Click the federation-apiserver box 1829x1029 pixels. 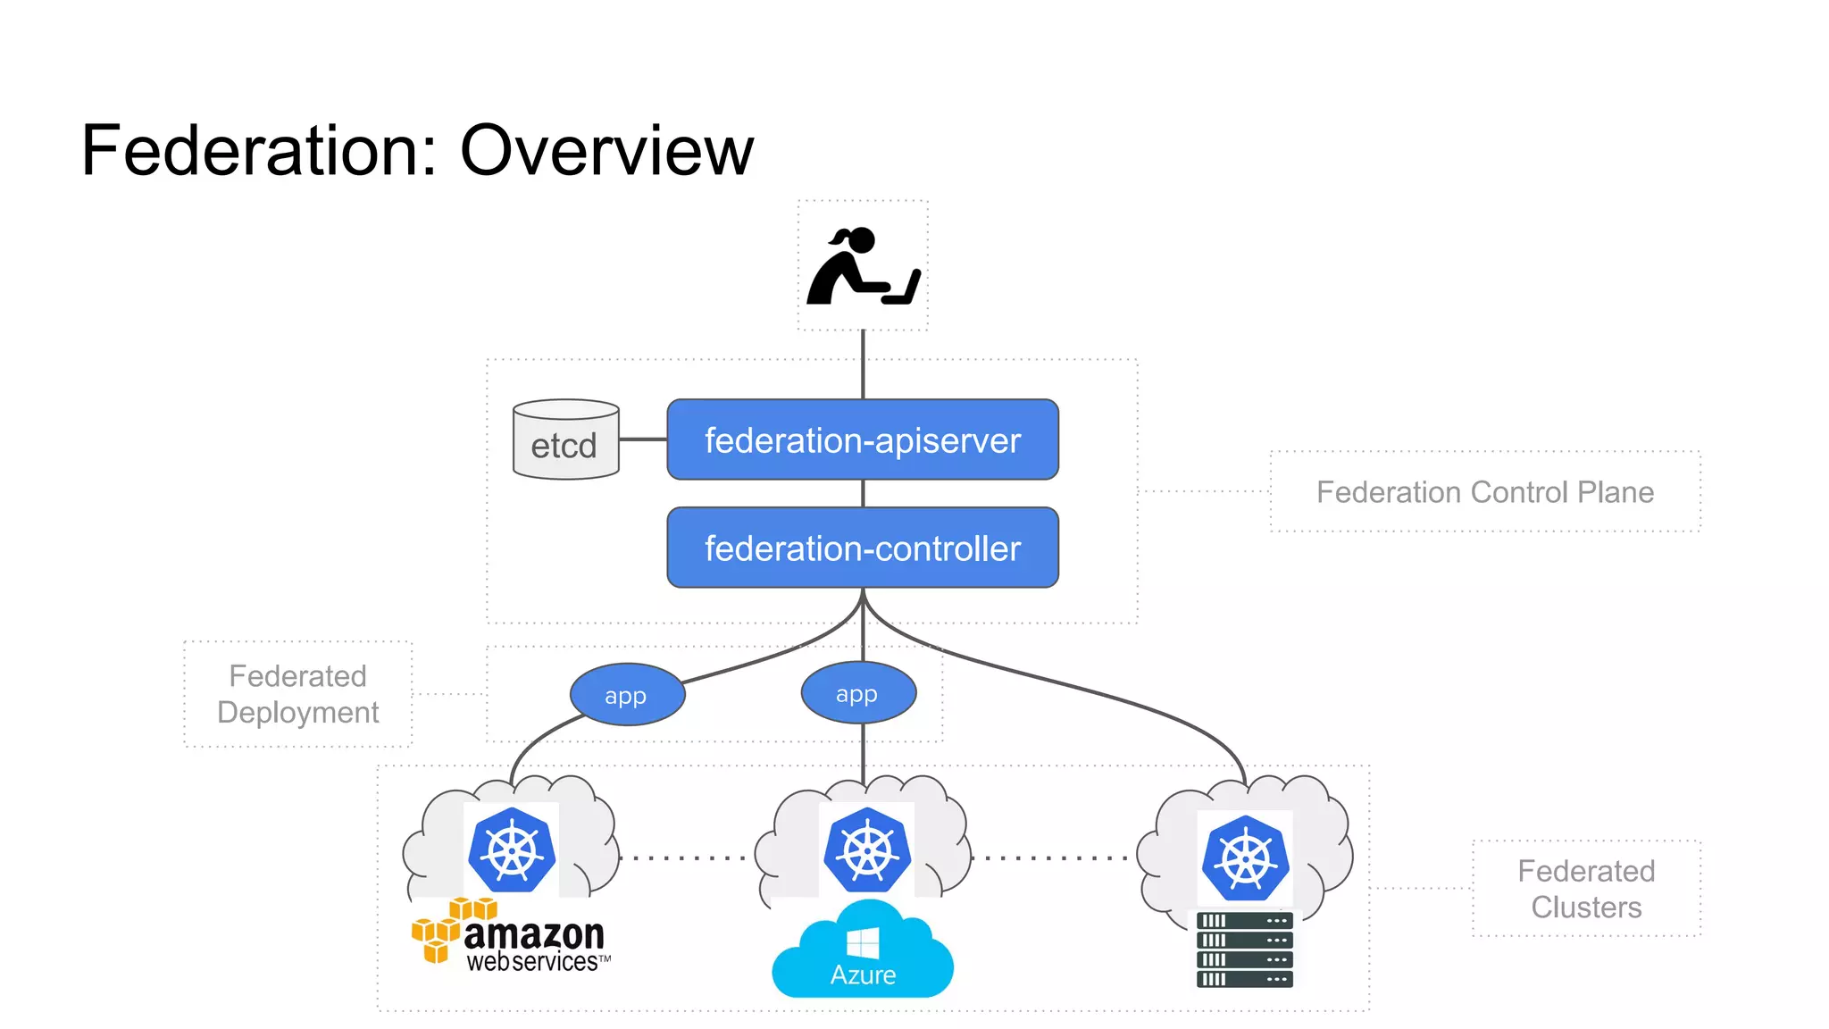point(863,439)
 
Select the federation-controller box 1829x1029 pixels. point(863,548)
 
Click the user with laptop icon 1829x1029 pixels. point(863,266)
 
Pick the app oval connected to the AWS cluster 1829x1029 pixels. point(627,695)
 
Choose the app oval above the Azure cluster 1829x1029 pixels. point(858,693)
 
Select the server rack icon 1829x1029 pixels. point(1244,950)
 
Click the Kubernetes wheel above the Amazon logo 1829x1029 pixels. point(512,850)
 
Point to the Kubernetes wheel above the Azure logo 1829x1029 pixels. point(866,850)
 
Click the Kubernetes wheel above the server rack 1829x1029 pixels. point(1245,857)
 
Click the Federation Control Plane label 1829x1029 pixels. point(1484,492)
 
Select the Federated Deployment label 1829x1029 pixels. point(297,694)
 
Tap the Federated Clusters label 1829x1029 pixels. point(1586,889)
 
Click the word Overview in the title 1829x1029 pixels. point(606,151)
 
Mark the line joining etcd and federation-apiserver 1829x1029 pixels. point(643,439)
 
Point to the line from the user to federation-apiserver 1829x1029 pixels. point(863,364)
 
